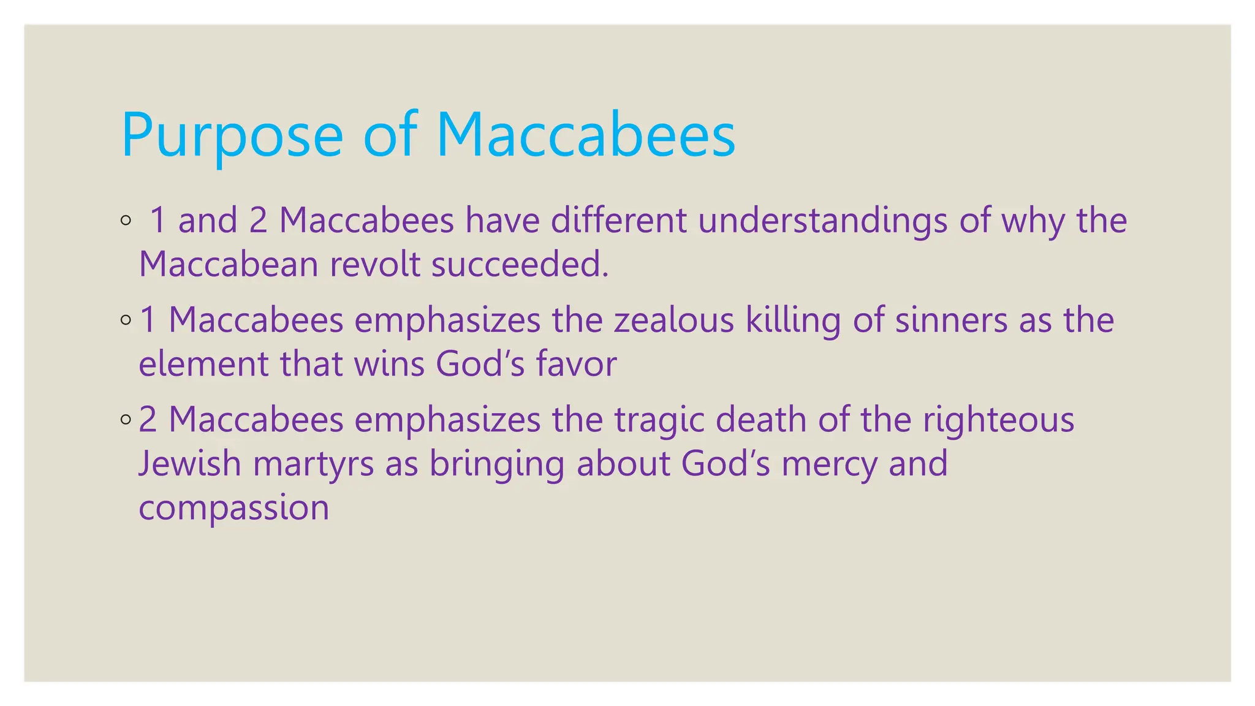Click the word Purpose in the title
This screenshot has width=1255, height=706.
tap(232, 136)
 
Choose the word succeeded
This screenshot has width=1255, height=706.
tap(520, 265)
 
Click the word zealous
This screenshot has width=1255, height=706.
tap(673, 321)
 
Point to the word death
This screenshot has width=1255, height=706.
tap(762, 420)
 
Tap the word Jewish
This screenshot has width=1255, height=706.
tap(190, 464)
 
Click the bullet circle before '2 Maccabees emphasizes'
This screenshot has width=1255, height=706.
tap(126, 420)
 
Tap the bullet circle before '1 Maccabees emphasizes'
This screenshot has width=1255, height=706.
tap(126, 320)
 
